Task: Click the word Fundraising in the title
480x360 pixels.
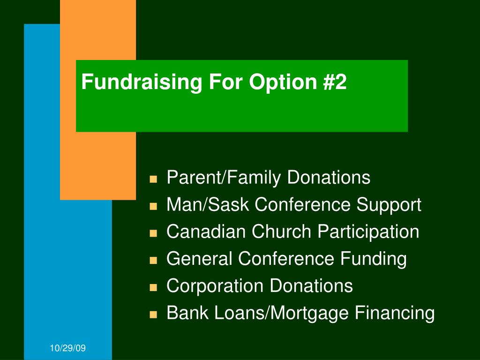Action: click(x=142, y=82)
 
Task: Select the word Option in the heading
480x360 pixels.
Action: click(x=283, y=82)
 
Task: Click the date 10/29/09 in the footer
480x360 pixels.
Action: click(x=67, y=348)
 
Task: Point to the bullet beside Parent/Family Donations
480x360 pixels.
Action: click(x=153, y=179)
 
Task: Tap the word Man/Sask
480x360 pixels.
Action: click(x=208, y=204)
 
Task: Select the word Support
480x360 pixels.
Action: click(x=389, y=205)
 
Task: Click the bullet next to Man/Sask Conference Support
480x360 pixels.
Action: click(x=153, y=206)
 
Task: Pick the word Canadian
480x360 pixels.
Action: click(x=206, y=232)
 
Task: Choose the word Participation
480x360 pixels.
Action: click(x=368, y=232)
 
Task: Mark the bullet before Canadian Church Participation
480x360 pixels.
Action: click(x=153, y=233)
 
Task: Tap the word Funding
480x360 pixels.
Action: click(x=374, y=259)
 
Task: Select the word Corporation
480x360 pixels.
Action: click(x=215, y=286)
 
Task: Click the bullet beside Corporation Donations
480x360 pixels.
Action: click(x=153, y=287)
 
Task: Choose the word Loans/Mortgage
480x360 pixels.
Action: click(x=281, y=314)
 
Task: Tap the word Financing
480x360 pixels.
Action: click(x=395, y=314)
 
